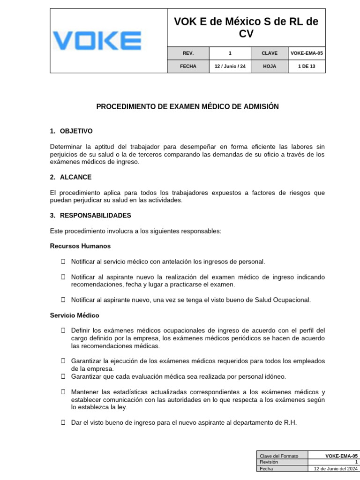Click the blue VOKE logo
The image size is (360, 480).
pyautogui.click(x=97, y=41)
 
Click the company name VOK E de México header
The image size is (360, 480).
pyautogui.click(x=246, y=28)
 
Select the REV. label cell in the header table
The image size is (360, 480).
pyautogui.click(x=188, y=53)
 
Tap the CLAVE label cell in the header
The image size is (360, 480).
pyautogui.click(x=270, y=53)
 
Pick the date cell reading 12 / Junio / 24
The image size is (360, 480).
pyautogui.click(x=230, y=67)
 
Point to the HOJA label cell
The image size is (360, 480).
pyautogui.click(x=270, y=67)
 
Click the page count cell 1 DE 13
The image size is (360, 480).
pyautogui.click(x=307, y=67)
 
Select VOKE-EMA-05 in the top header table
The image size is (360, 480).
pyautogui.click(x=307, y=53)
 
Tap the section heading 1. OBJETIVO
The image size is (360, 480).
pyautogui.click(x=71, y=131)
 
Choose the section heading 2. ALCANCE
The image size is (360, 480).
pyautogui.click(x=71, y=177)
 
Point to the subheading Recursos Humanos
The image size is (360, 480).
pyautogui.click(x=80, y=246)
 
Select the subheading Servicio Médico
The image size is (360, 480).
pyautogui.click(x=75, y=315)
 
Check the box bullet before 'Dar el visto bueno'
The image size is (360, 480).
pyautogui.click(x=63, y=422)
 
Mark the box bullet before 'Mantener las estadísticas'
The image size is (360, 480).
pyautogui.click(x=63, y=391)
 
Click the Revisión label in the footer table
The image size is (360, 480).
pyautogui.click(x=269, y=462)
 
